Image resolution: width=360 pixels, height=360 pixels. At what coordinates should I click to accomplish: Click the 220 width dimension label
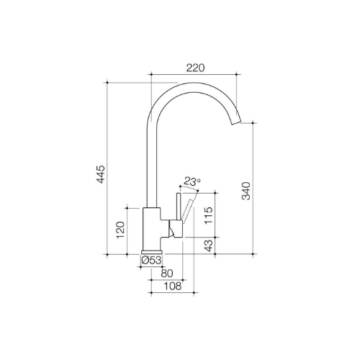click(196, 68)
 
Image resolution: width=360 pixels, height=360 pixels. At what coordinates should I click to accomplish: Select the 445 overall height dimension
click(101, 174)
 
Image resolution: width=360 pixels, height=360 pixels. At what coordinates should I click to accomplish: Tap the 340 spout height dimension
click(246, 191)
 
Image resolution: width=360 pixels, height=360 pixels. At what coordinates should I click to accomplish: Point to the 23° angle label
click(192, 181)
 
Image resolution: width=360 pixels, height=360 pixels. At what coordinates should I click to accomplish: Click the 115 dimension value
click(209, 215)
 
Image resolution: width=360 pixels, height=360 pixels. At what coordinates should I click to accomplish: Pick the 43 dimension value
click(209, 246)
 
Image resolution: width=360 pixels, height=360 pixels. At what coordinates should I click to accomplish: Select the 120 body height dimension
click(120, 230)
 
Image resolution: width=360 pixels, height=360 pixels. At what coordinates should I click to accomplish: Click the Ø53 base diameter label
click(151, 260)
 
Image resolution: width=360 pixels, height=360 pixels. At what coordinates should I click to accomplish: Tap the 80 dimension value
click(167, 273)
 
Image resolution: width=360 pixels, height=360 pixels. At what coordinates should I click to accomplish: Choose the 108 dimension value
click(172, 286)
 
